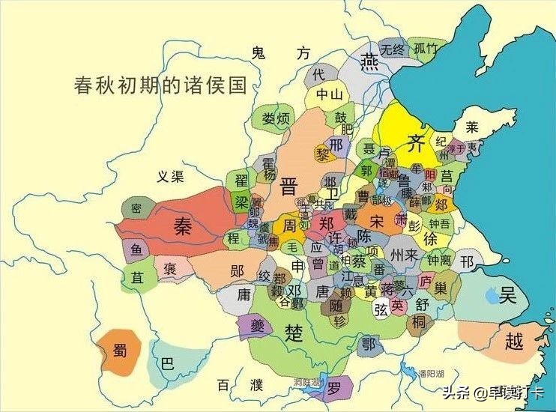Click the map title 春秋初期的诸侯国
(x=160, y=85)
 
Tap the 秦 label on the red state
(x=182, y=224)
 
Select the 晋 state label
(x=289, y=187)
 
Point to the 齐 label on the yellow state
(x=415, y=142)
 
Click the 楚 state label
(x=294, y=332)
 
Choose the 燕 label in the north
(x=369, y=61)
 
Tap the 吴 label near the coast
(x=509, y=294)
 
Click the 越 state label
(x=513, y=342)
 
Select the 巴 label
(x=167, y=365)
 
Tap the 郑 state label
(x=326, y=223)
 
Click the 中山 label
(x=329, y=95)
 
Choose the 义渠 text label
(x=169, y=177)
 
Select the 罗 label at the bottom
(x=334, y=387)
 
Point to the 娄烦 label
(x=276, y=119)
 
